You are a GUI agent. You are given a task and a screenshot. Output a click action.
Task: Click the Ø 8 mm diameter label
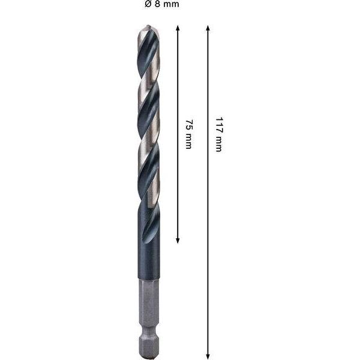[x=162, y=4]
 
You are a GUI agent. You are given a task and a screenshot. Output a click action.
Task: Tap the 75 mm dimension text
[x=189, y=134]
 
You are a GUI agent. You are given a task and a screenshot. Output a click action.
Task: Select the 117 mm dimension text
[x=219, y=134]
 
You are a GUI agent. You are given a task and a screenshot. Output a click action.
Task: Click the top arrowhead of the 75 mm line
[x=178, y=28]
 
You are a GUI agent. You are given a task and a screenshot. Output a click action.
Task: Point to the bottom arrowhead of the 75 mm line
[x=178, y=240]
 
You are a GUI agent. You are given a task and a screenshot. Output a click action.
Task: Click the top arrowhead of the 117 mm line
[x=208, y=28]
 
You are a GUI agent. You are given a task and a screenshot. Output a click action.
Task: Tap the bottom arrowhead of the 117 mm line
[x=208, y=356]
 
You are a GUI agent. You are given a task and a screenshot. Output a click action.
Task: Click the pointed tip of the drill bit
[x=148, y=25]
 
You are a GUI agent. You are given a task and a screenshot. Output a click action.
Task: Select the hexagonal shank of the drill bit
[x=149, y=319]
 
